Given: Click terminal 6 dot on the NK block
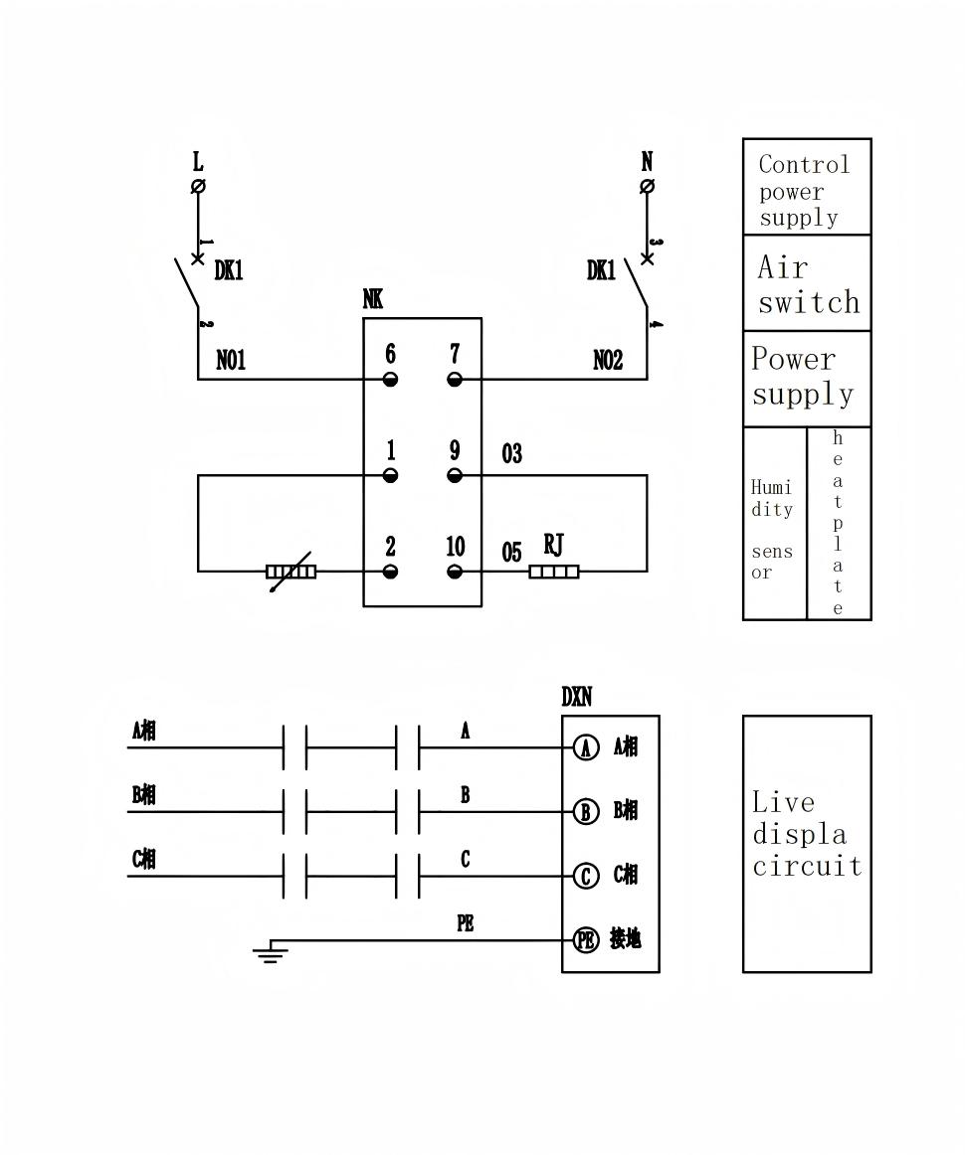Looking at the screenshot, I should coord(390,379).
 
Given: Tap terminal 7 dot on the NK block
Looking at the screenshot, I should coord(455,379).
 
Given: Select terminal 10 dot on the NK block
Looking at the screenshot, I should coord(455,572).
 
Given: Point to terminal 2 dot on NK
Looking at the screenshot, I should coord(390,572).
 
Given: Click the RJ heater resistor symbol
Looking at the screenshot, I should coord(554,572).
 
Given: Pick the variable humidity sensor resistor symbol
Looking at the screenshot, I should coord(290,572).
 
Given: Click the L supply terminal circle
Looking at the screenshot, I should coord(198,186).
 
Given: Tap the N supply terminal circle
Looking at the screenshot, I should coord(647,186).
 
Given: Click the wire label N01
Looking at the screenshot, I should coord(231,361).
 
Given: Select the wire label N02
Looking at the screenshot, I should coord(608,361).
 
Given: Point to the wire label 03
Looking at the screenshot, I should coord(511,454).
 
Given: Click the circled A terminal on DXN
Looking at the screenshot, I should coord(587,747).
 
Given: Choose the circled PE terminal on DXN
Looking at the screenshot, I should coord(587,939).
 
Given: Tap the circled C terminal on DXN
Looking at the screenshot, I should coord(587,876).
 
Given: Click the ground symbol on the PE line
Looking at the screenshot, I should coord(270,955).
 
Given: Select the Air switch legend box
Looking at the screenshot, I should coord(807,283).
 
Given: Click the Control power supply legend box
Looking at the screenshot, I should coord(807,188).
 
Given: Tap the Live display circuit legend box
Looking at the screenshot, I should coord(807,843).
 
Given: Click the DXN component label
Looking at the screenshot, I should coord(577,698).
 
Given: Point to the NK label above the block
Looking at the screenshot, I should coord(373,299).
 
